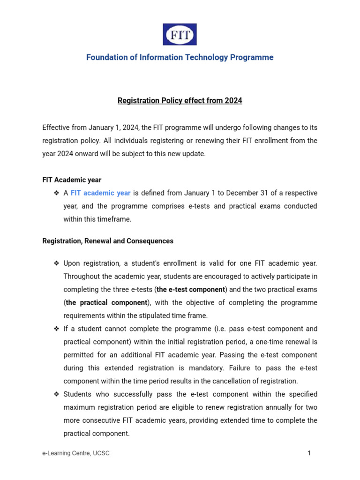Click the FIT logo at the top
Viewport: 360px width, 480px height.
tap(180, 34)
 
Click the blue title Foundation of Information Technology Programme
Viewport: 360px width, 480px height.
tap(180, 57)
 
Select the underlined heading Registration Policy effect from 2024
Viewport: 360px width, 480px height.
tap(180, 100)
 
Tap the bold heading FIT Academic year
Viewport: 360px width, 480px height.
tap(72, 180)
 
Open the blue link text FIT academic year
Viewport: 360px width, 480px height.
tap(100, 193)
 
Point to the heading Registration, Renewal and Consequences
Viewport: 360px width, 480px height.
tap(108, 241)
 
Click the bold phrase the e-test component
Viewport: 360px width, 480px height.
tap(191, 290)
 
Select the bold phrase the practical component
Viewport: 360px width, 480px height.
tap(107, 303)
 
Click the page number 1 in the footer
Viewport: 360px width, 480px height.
tap(309, 453)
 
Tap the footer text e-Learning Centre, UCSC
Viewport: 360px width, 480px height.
tap(76, 453)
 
